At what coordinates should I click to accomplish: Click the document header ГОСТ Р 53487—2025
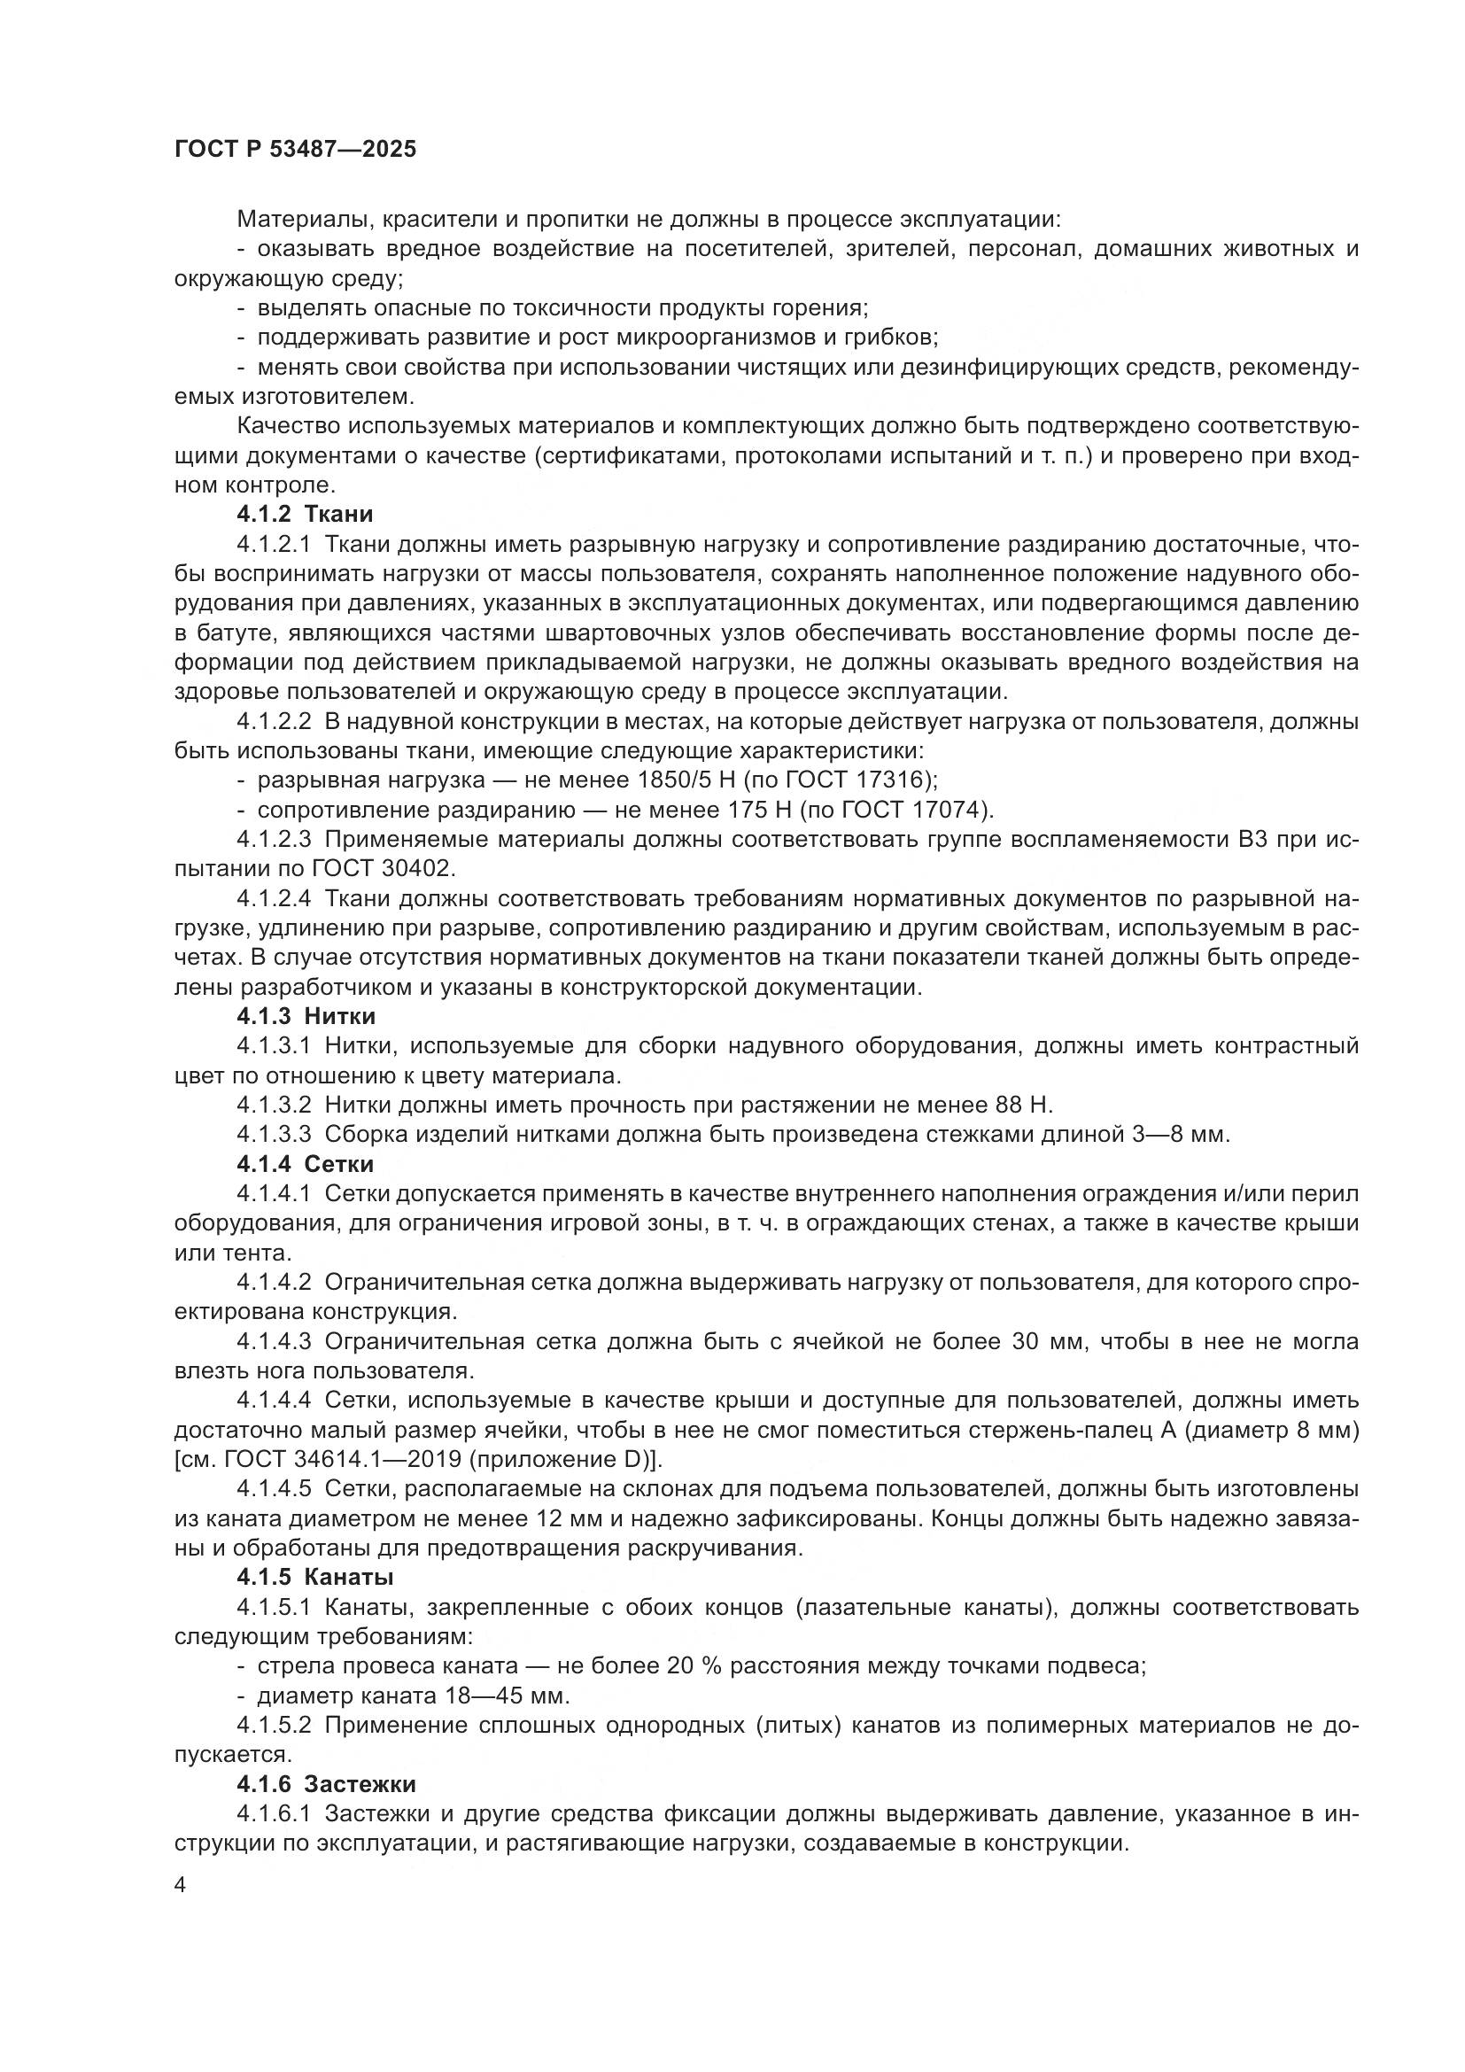[295, 150]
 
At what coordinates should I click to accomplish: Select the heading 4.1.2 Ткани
[305, 515]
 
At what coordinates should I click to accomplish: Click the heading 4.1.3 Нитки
[306, 1016]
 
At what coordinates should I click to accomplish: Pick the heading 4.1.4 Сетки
[305, 1164]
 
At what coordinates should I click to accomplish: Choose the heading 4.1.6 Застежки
[326, 1784]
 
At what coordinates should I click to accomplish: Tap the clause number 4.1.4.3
[274, 1342]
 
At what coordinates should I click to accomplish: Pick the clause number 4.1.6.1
[274, 1813]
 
